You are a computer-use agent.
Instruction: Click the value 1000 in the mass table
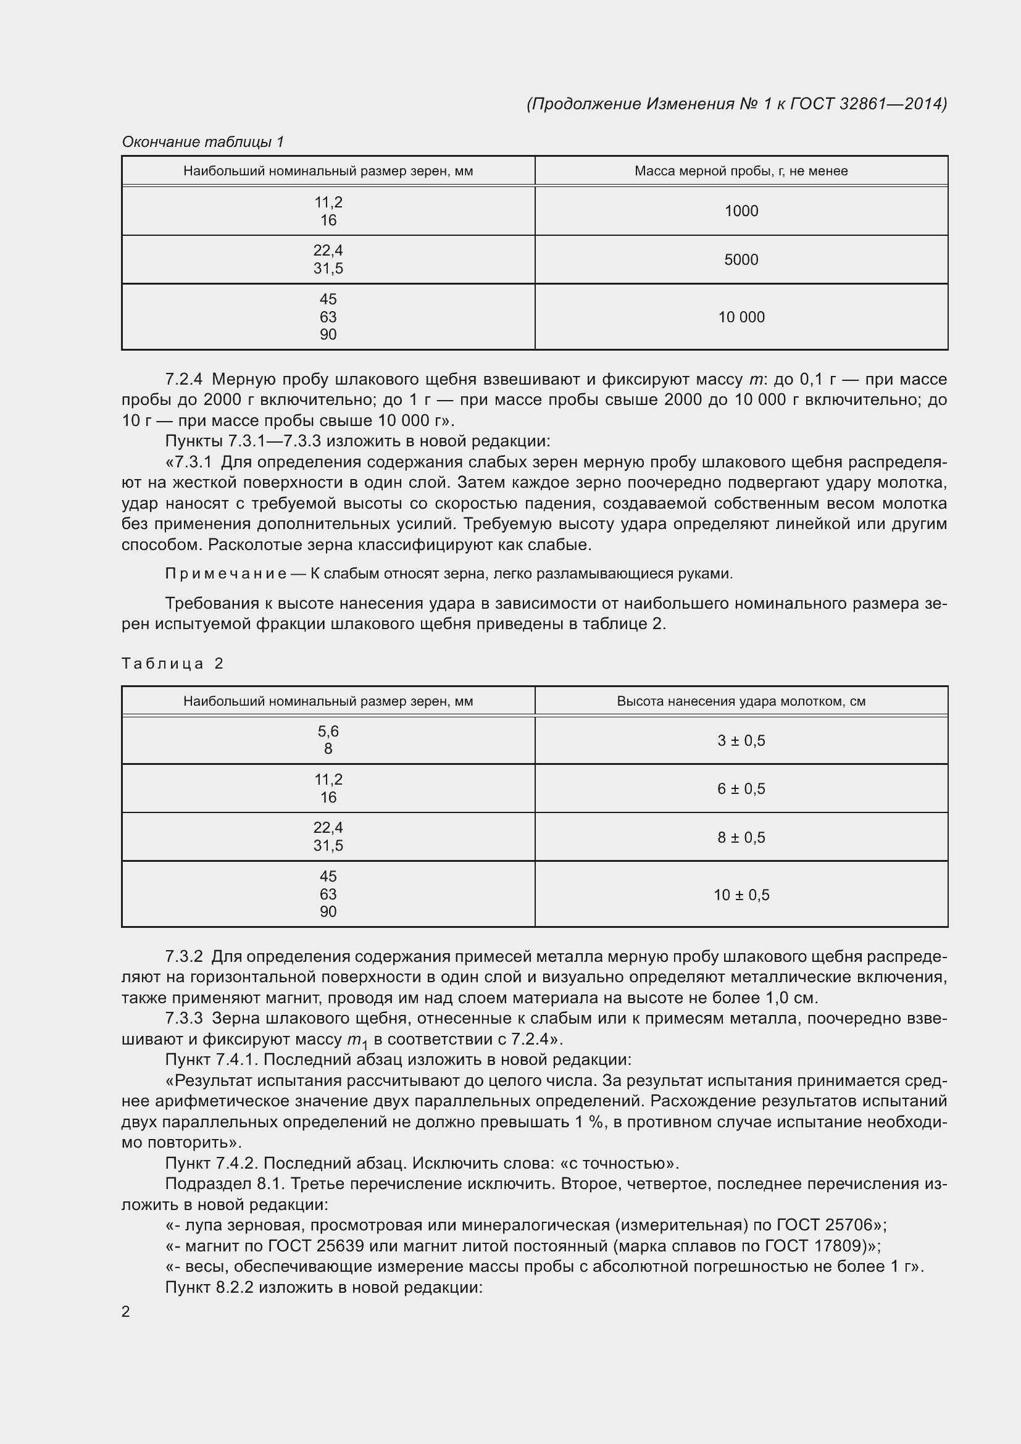[741, 211]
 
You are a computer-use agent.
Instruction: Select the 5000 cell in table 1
[741, 260]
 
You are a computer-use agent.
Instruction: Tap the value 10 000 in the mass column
[741, 317]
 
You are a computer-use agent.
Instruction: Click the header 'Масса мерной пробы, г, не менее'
[741, 171]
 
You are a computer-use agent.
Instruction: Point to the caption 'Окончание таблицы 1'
[202, 142]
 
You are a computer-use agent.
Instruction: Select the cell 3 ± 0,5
[741, 741]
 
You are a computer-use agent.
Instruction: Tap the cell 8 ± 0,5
[741, 838]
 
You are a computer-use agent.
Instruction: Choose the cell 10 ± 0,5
[741, 895]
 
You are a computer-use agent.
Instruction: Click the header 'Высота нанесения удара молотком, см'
[741, 701]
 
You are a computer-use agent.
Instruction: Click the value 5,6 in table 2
[328, 732]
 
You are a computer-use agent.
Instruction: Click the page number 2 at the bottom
[126, 1312]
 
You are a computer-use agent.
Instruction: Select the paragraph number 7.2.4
[183, 379]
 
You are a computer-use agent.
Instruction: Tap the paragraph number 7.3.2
[183, 956]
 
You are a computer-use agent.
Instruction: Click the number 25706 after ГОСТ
[843, 1225]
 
